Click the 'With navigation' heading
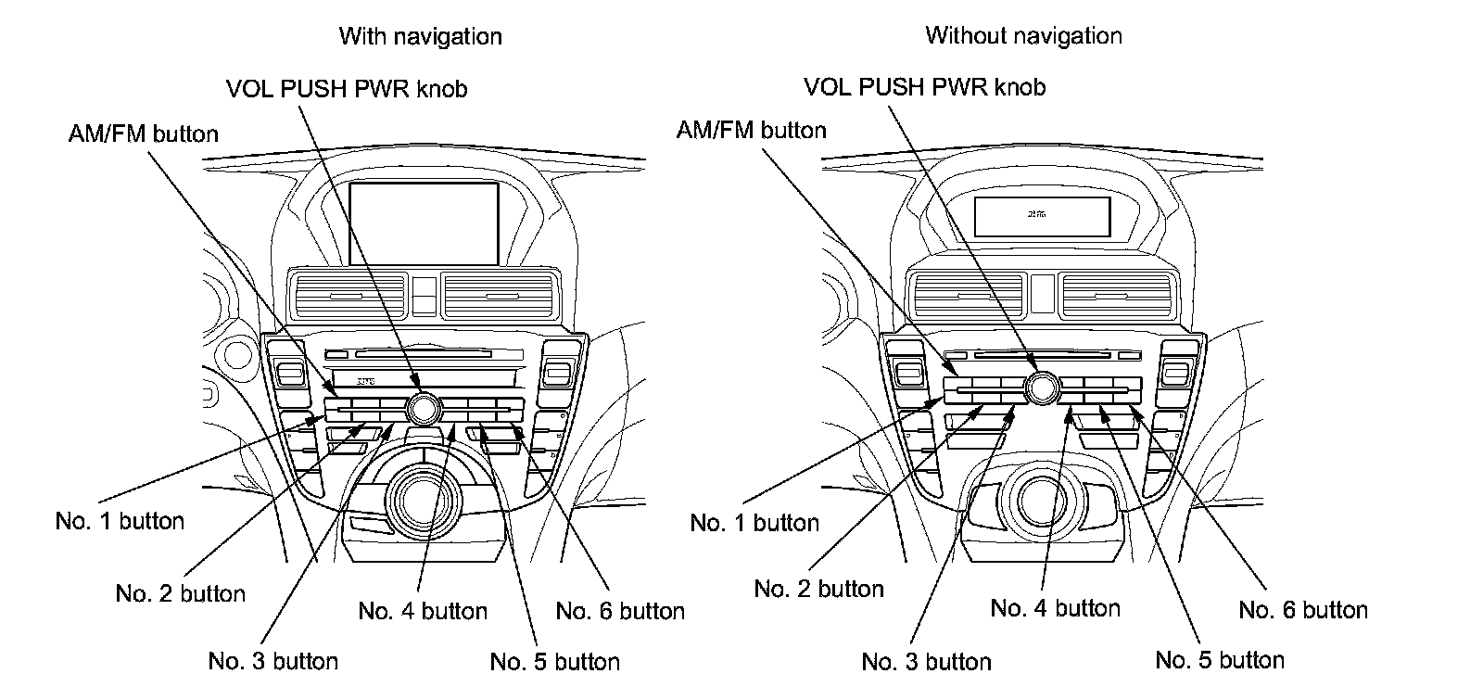tap(420, 36)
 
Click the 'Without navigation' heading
tap(1023, 36)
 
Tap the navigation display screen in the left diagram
tap(425, 222)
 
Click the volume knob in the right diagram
tap(1042, 387)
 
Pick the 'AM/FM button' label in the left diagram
tap(144, 133)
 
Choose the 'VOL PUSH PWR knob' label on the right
tap(924, 87)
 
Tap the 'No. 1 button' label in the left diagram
tap(120, 521)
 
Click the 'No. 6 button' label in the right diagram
tap(1303, 610)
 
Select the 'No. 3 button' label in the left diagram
tap(273, 661)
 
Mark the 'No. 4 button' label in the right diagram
tap(1055, 608)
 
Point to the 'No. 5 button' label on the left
tap(554, 662)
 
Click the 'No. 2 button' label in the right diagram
tap(818, 589)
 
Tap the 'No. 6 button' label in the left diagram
tap(620, 611)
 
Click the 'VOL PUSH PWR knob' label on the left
tap(347, 89)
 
